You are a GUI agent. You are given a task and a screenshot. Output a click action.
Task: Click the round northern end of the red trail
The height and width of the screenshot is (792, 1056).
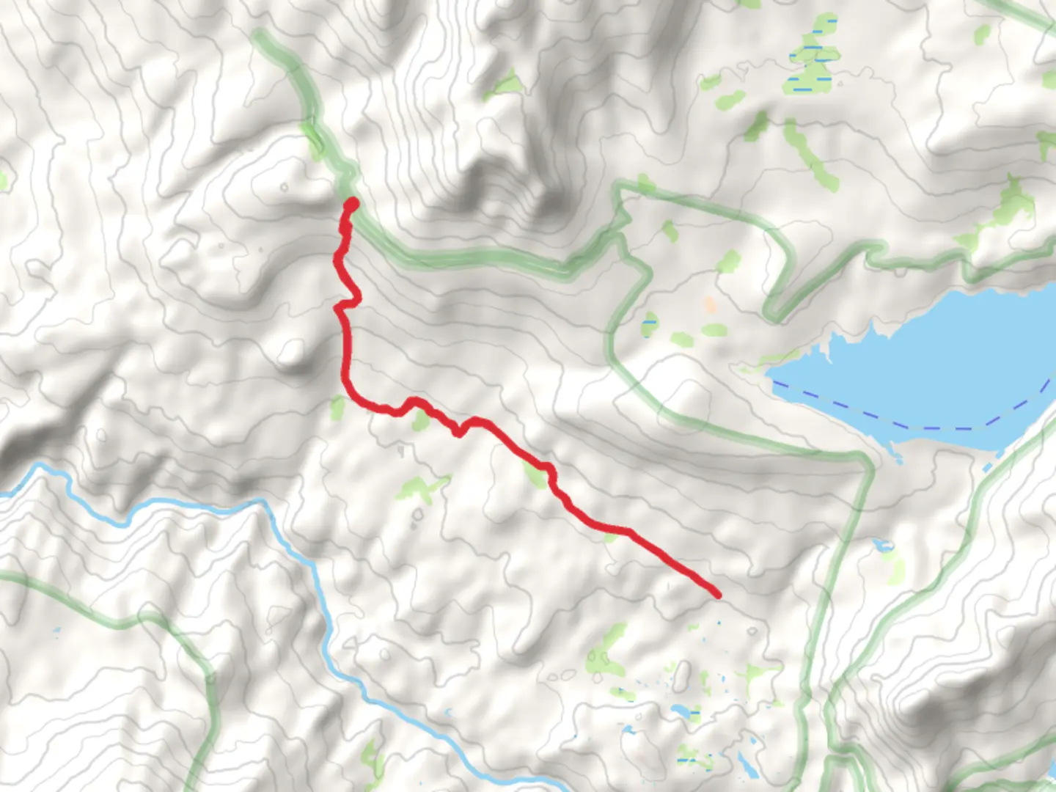(352, 203)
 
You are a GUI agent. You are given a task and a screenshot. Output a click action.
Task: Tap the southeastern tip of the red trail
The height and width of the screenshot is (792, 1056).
(716, 594)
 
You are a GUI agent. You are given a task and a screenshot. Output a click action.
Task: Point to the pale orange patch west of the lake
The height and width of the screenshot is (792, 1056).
(709, 304)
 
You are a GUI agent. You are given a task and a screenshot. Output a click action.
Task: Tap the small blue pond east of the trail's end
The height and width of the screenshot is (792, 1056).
(883, 546)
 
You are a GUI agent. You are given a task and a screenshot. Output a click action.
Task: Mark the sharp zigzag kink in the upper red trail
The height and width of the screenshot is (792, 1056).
(346, 302)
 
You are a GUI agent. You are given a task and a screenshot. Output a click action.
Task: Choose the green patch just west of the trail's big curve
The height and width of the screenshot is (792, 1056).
(337, 408)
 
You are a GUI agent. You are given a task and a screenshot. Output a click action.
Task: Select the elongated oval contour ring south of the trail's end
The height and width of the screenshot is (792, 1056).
(681, 675)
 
